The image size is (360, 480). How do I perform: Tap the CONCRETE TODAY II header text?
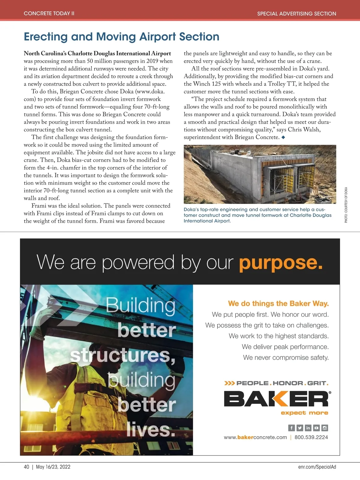(x=49, y=13)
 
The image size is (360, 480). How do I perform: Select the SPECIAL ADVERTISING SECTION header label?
(x=296, y=13)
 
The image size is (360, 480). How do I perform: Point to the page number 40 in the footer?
(x=26, y=467)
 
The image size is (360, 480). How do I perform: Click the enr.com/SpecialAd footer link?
(x=317, y=467)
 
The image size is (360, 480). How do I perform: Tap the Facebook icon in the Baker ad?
(x=291, y=428)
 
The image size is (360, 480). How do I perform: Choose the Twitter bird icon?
(x=300, y=428)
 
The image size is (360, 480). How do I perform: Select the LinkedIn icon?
(x=308, y=428)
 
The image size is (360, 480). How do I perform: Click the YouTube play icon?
(x=316, y=428)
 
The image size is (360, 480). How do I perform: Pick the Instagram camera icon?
(x=325, y=428)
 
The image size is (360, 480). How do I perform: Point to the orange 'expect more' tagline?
(x=304, y=413)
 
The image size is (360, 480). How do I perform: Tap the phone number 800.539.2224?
(x=311, y=437)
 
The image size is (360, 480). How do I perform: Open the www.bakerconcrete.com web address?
(x=255, y=437)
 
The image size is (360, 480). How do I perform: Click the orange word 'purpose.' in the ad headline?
(x=280, y=263)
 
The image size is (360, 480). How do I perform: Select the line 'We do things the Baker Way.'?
(x=278, y=304)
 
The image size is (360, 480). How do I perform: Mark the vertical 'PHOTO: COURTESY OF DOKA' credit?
(x=346, y=205)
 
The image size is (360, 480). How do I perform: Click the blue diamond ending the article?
(x=283, y=137)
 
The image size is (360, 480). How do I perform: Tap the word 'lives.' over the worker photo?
(x=151, y=430)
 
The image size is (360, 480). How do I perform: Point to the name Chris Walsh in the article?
(x=304, y=130)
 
